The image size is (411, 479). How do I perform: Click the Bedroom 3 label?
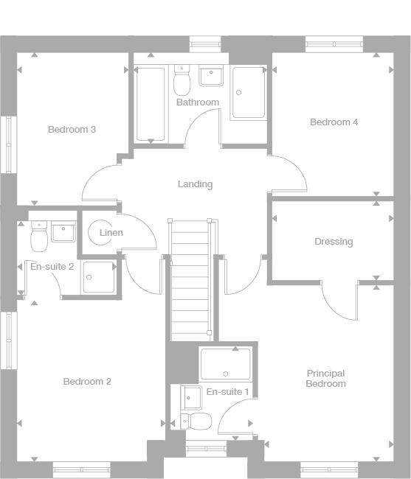tap(72, 130)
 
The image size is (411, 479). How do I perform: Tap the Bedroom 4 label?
tap(334, 122)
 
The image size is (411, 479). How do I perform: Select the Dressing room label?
tap(334, 242)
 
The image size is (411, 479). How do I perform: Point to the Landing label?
tap(195, 184)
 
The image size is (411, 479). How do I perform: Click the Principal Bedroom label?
tap(325, 379)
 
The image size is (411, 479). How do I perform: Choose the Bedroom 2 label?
tap(87, 382)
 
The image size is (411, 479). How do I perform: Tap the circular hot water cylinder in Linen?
tap(98, 233)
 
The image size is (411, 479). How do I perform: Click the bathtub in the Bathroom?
tap(151, 104)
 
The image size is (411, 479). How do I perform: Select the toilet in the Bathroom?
tap(182, 81)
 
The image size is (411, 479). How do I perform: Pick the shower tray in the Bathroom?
tap(248, 93)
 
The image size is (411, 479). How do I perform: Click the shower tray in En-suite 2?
tap(98, 277)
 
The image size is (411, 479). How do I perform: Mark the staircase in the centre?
tap(190, 280)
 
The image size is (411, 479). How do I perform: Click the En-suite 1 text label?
tap(227, 393)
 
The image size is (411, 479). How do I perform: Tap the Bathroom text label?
tap(197, 102)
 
